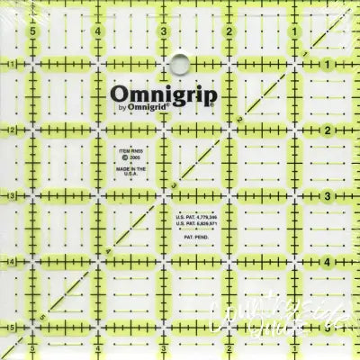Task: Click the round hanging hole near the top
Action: pyautogui.click(x=179, y=62)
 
